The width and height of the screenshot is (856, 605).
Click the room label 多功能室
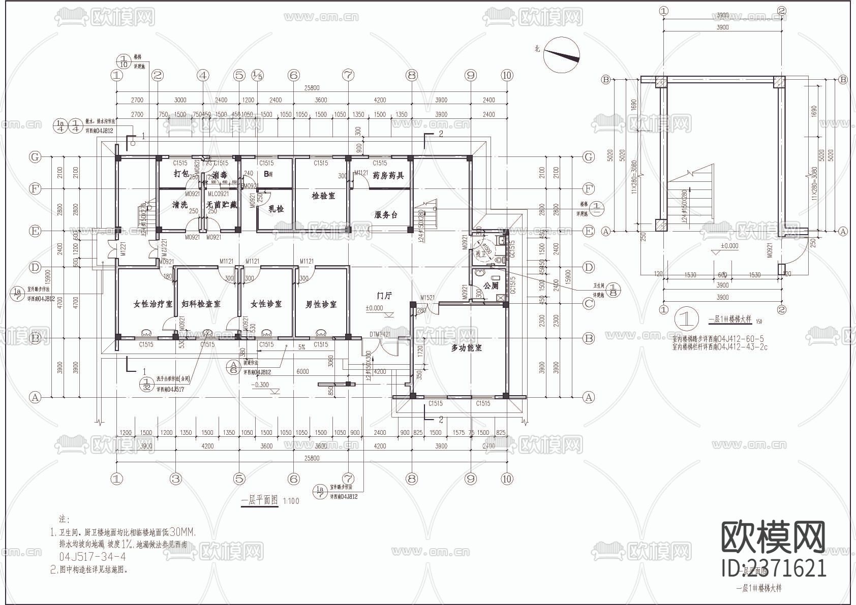click(x=466, y=348)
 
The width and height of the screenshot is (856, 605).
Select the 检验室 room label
click(x=323, y=196)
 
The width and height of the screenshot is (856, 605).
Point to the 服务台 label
click(x=385, y=215)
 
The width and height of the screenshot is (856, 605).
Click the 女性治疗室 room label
click(x=152, y=304)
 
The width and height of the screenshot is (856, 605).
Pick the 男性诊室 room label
click(x=321, y=304)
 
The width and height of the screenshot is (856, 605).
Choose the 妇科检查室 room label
click(x=201, y=304)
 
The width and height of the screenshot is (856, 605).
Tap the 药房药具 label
click(x=388, y=175)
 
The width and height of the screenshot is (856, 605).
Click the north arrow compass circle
click(x=562, y=54)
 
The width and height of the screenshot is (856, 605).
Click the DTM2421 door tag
click(x=379, y=334)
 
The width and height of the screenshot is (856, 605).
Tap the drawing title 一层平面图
click(x=260, y=500)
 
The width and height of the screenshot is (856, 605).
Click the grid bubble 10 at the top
click(x=506, y=76)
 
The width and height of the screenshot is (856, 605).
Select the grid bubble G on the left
click(x=35, y=157)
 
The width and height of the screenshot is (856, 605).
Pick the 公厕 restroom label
click(x=491, y=286)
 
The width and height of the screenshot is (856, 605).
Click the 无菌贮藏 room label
click(x=222, y=205)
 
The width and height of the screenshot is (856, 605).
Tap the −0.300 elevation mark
click(x=260, y=385)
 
